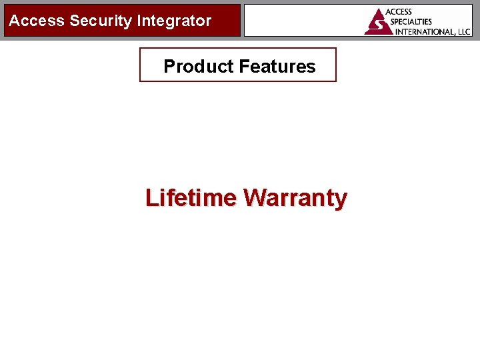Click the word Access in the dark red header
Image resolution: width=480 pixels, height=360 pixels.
pyautogui.click(x=37, y=21)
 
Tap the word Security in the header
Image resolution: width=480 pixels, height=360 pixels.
pyautogui.click(x=101, y=21)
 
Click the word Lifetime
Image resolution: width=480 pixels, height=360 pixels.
pyautogui.click(x=191, y=198)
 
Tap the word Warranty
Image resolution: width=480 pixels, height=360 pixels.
pyautogui.click(x=295, y=198)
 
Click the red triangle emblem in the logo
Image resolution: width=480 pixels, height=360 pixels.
pyautogui.click(x=378, y=22)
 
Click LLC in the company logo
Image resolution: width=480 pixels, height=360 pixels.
pyautogui.click(x=463, y=31)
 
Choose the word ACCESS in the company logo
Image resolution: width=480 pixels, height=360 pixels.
pyautogui.click(x=399, y=12)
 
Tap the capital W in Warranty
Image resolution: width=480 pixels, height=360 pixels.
pyautogui.click(x=255, y=198)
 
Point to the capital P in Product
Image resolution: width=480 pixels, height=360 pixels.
pyautogui.click(x=169, y=66)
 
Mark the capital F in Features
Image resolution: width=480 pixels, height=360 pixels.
pyautogui.click(x=243, y=66)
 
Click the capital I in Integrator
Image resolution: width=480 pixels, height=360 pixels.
pyautogui.click(x=139, y=21)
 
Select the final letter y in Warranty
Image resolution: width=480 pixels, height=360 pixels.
pyautogui.click(x=341, y=200)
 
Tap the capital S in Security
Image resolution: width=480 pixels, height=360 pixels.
pyautogui.click(x=75, y=21)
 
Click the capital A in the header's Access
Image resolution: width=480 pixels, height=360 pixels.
pyautogui.click(x=14, y=21)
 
